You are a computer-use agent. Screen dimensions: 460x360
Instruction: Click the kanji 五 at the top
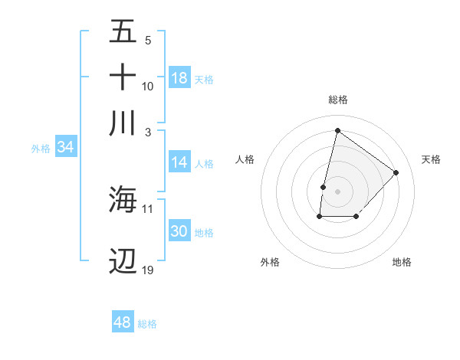point(123,33)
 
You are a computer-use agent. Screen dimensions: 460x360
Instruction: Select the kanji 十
point(123,77)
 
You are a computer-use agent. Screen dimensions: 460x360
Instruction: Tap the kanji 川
point(123,123)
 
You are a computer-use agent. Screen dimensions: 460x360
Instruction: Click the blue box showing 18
point(179,78)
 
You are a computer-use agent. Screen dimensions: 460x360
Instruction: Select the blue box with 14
point(179,162)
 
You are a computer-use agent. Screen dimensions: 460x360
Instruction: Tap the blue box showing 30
point(179,232)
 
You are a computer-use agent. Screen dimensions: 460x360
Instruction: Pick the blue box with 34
point(65,148)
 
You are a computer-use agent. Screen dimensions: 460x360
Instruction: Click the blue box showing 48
point(123,322)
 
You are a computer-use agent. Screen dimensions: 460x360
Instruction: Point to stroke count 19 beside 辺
point(148,270)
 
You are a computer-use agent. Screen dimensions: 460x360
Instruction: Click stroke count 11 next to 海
point(148,208)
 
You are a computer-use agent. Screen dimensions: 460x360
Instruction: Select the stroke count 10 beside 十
point(148,86)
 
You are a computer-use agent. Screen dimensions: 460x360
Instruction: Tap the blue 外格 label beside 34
point(40,149)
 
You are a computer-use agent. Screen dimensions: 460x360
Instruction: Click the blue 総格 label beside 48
point(147,324)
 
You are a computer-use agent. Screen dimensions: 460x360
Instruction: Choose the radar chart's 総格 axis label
point(337,100)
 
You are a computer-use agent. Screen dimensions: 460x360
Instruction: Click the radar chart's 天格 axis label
point(431,159)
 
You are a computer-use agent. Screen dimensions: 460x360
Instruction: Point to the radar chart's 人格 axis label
point(245,159)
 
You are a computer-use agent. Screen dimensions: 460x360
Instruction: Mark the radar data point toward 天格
point(396,172)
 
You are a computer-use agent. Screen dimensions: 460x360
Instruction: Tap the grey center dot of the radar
point(337,191)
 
